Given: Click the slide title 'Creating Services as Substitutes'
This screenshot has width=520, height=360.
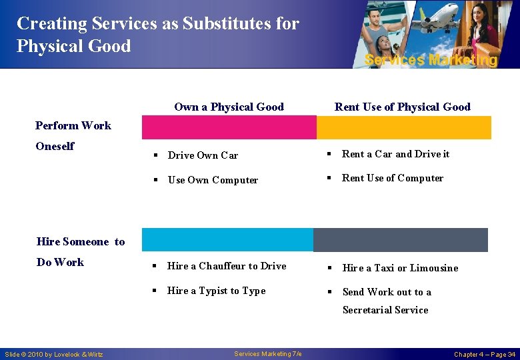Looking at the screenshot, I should (x=158, y=24).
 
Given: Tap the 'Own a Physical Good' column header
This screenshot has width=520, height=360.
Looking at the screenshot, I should (x=229, y=107).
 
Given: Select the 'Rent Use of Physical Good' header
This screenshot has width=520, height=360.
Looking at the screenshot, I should (x=402, y=107).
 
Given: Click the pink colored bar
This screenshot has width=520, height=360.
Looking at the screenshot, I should (x=229, y=127).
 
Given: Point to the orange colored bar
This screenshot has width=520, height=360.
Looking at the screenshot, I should (x=403, y=127).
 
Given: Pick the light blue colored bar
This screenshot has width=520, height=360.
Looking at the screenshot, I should (x=227, y=239).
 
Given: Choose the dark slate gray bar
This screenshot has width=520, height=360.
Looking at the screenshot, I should (x=400, y=239).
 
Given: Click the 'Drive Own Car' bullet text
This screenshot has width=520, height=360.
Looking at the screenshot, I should (x=203, y=155).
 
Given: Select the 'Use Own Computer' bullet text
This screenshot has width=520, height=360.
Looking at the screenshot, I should (x=213, y=180).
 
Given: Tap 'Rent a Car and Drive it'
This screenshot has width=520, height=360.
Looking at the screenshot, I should (x=395, y=154).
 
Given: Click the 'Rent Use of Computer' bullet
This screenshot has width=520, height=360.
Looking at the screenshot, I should (x=392, y=178).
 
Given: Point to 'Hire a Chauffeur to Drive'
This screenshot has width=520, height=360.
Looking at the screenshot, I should (x=227, y=266).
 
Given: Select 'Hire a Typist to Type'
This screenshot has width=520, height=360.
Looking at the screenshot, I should (x=216, y=291).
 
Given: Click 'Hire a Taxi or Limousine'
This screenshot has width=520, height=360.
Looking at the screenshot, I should (x=400, y=268).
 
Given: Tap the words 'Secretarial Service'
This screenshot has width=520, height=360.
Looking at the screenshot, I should (x=385, y=310).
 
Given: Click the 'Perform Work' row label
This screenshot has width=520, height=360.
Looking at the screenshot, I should (x=73, y=125).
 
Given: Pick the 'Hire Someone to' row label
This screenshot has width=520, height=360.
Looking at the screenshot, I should (x=81, y=242).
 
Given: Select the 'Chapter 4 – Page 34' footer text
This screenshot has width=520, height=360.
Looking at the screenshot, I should (x=485, y=354).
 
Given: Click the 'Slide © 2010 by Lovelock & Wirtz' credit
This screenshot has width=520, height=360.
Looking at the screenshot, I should (x=54, y=354).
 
